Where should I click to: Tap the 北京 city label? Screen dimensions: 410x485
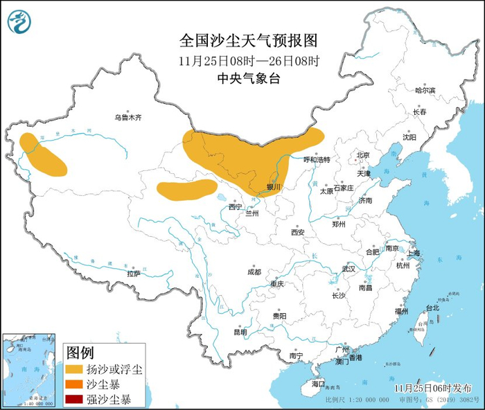[x=363, y=155]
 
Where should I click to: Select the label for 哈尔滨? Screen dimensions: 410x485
[x=425, y=91]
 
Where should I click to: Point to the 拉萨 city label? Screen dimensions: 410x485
[x=133, y=274]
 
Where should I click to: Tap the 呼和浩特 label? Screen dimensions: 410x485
[x=317, y=159]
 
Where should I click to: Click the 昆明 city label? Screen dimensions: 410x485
[x=240, y=332]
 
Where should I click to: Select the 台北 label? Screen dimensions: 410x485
[x=432, y=307]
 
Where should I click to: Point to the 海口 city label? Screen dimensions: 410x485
[x=318, y=383]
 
